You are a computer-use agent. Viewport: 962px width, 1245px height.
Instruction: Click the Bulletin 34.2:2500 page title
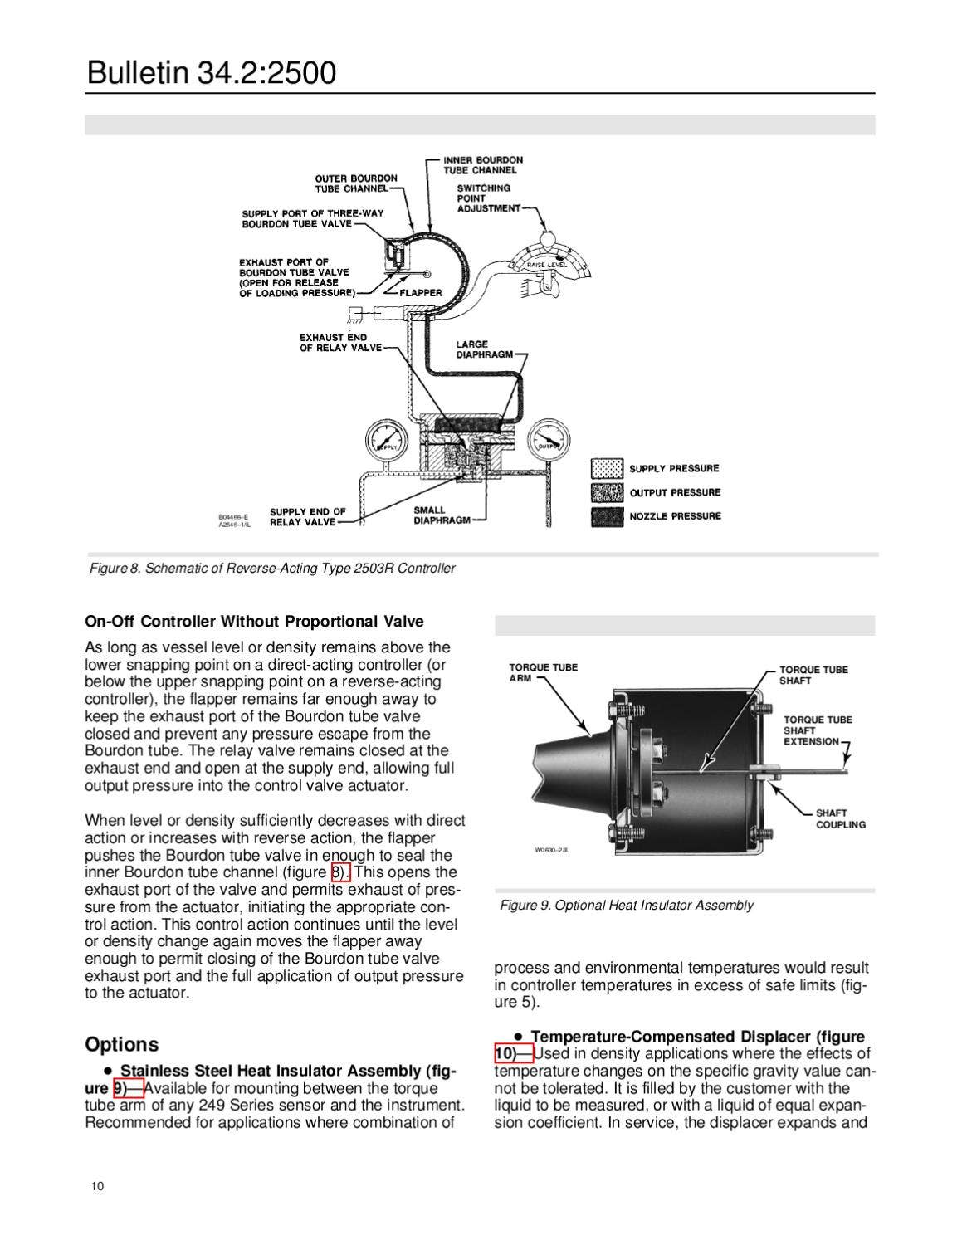click(212, 73)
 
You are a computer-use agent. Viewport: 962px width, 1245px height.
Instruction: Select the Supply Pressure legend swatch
click(607, 468)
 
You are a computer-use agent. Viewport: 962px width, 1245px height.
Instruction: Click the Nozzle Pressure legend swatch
click(607, 516)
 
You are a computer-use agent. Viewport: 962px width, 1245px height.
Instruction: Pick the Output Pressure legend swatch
click(607, 492)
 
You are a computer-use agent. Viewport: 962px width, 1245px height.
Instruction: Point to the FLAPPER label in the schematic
click(421, 293)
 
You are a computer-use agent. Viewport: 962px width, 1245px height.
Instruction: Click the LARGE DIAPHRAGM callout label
click(484, 349)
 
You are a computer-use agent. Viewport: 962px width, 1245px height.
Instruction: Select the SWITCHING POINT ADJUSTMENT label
click(488, 198)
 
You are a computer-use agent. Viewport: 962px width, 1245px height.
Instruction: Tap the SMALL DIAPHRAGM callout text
click(442, 515)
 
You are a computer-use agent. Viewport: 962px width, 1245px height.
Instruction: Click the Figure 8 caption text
click(272, 569)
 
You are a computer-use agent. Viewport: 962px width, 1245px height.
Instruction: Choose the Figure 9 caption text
click(627, 905)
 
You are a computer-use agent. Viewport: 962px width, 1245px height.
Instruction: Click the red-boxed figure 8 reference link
click(340, 871)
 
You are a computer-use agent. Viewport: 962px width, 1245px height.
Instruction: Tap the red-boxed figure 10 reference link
click(513, 1054)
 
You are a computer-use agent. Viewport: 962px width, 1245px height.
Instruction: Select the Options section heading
click(121, 1044)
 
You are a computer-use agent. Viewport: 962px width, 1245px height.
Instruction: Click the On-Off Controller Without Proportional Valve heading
click(254, 622)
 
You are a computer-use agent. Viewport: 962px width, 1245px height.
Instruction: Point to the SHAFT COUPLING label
click(840, 818)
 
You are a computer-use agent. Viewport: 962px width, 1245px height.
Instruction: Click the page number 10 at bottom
click(98, 1186)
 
